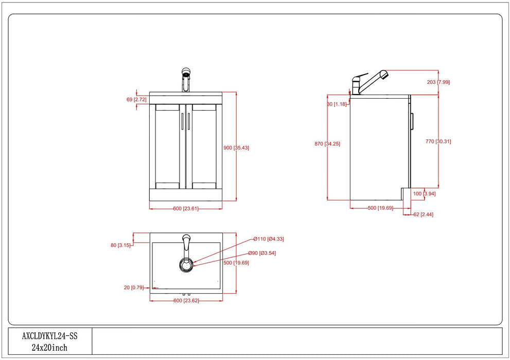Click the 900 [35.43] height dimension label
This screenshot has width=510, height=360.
[236, 148]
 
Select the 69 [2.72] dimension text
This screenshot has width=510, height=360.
[136, 99]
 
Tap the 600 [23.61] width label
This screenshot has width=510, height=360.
[185, 208]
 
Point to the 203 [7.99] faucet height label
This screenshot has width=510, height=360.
[439, 82]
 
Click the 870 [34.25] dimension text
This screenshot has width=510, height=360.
[327, 143]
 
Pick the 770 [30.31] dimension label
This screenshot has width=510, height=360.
[438, 141]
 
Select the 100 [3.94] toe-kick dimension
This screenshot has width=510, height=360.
[425, 194]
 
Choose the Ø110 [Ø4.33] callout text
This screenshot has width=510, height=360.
[269, 239]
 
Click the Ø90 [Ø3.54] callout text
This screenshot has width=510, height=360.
[262, 253]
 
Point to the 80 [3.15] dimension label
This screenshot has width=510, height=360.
[120, 245]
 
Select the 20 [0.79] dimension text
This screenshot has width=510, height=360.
[133, 287]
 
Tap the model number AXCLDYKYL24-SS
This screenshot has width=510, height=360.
[49, 336]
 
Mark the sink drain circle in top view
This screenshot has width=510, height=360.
[186, 265]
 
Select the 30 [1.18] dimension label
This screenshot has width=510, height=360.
[337, 104]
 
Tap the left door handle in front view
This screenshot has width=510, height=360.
[182, 121]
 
